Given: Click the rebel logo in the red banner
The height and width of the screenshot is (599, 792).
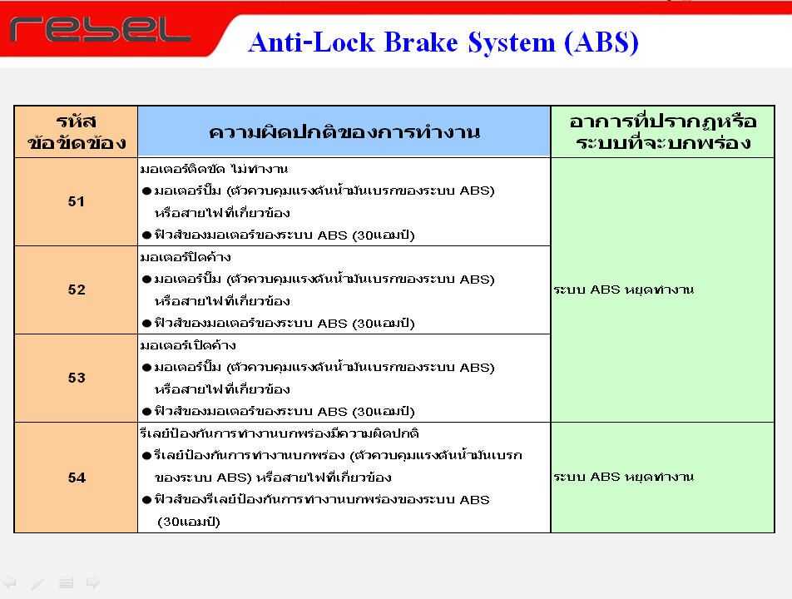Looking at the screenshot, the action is coord(100,30).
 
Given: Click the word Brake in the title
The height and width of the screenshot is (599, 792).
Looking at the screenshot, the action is coord(421,42).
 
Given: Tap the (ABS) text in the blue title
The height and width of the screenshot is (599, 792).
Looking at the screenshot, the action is coord(601,43).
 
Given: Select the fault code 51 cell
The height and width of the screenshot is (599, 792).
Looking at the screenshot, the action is coord(77,201).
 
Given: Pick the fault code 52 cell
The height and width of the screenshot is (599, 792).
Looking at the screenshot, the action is coord(77,290).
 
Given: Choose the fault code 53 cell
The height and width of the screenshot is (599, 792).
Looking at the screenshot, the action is coord(77,378).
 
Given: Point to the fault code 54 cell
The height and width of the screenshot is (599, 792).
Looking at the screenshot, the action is coord(77,478).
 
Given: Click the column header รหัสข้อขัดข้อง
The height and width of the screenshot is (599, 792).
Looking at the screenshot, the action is coord(77,132).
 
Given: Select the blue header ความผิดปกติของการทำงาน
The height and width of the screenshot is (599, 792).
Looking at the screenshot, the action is coord(344,132).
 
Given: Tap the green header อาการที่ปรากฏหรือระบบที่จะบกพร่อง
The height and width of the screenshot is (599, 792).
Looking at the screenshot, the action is coord(663,132).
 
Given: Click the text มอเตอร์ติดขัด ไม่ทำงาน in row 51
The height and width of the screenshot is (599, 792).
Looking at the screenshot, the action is coord(214,169).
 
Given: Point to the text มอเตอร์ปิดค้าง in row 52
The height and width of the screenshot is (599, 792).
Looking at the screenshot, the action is coord(186,257).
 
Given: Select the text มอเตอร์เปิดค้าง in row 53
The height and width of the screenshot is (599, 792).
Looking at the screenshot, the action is coord(188,345).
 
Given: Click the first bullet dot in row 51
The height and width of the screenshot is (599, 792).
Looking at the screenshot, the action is coord(147,191).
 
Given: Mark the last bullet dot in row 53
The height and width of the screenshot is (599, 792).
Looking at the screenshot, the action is coord(147,412).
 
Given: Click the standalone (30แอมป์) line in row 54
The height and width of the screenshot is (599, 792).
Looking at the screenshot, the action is coord(189,522).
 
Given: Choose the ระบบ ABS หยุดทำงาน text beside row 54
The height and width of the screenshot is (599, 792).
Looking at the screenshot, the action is coord(624,477).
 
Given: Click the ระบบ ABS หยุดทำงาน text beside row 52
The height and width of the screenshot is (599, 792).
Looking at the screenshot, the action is coord(624,290).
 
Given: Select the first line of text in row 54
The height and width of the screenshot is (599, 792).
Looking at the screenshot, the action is coord(280,433).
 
